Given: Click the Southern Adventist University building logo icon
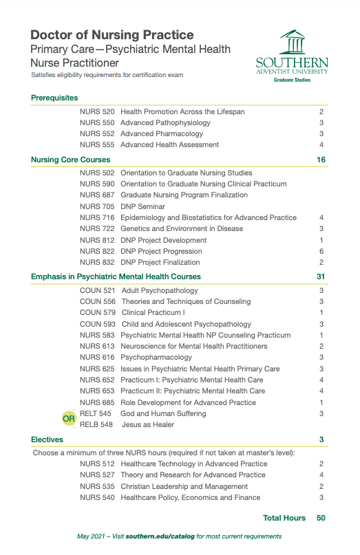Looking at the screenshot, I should [291, 43].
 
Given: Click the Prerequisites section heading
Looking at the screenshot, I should [54, 98].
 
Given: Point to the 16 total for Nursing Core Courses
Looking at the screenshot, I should [321, 160].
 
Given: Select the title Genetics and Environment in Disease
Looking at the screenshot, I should [181, 229].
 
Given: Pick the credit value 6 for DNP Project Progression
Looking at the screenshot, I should [321, 251].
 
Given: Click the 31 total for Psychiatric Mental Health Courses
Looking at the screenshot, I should [321, 276].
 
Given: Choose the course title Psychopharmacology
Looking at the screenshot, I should [156, 358].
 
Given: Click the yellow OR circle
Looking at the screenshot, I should [68, 419].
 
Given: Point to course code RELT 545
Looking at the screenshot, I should [96, 413].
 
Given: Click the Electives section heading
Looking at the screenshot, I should [47, 439].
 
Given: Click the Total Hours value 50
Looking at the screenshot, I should [321, 517].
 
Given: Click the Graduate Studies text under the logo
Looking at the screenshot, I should [292, 80].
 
